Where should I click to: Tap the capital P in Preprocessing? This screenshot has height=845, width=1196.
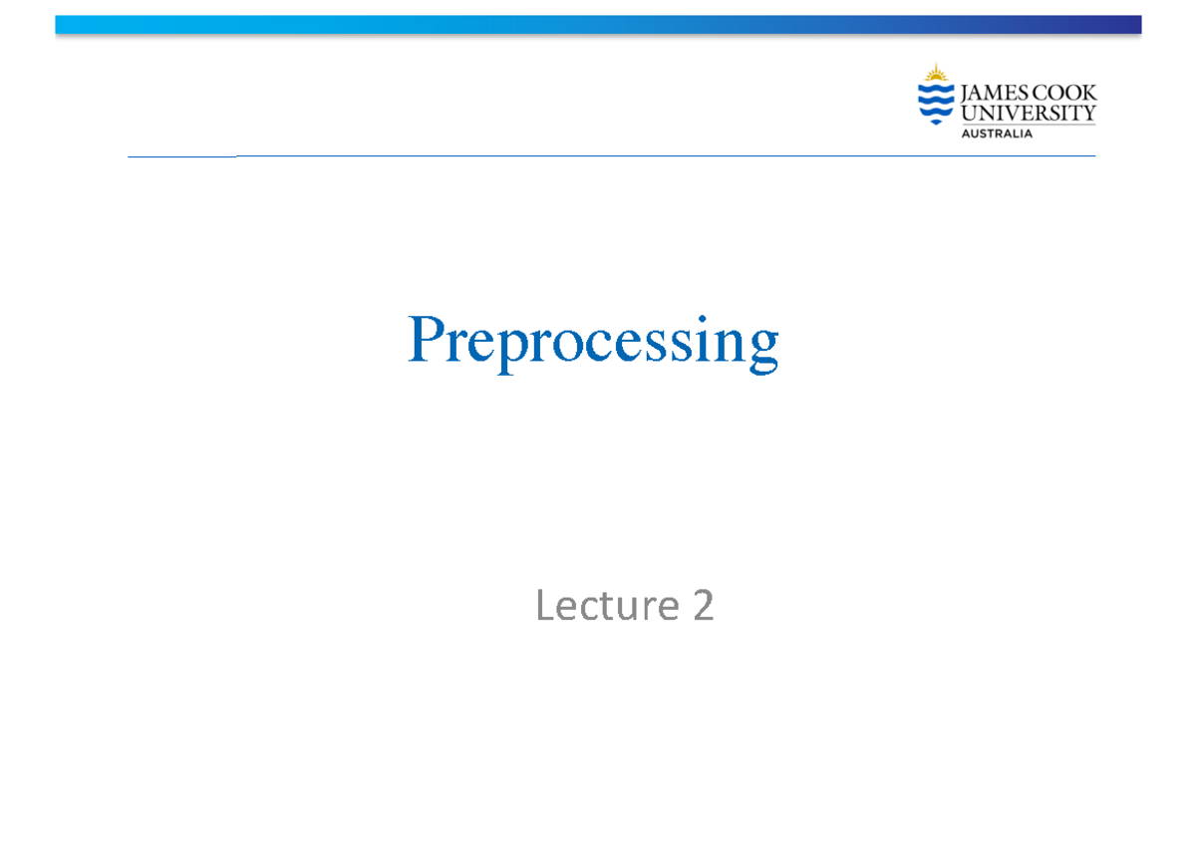pos(426,340)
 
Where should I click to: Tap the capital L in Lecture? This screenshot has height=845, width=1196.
pos(545,605)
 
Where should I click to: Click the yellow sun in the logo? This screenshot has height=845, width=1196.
pos(935,73)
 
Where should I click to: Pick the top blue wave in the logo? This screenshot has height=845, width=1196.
pos(935,89)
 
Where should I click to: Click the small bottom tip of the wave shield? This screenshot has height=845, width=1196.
pos(935,123)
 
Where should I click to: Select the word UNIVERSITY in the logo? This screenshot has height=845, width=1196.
pos(1028,114)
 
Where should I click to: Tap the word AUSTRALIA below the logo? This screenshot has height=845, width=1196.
pos(996,134)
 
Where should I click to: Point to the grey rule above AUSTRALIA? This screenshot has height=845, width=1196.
pos(1028,125)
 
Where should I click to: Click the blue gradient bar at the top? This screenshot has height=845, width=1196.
pos(598,25)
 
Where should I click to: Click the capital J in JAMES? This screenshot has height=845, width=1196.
pos(965,94)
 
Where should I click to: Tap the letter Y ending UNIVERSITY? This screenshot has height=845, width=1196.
pos(1088,114)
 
